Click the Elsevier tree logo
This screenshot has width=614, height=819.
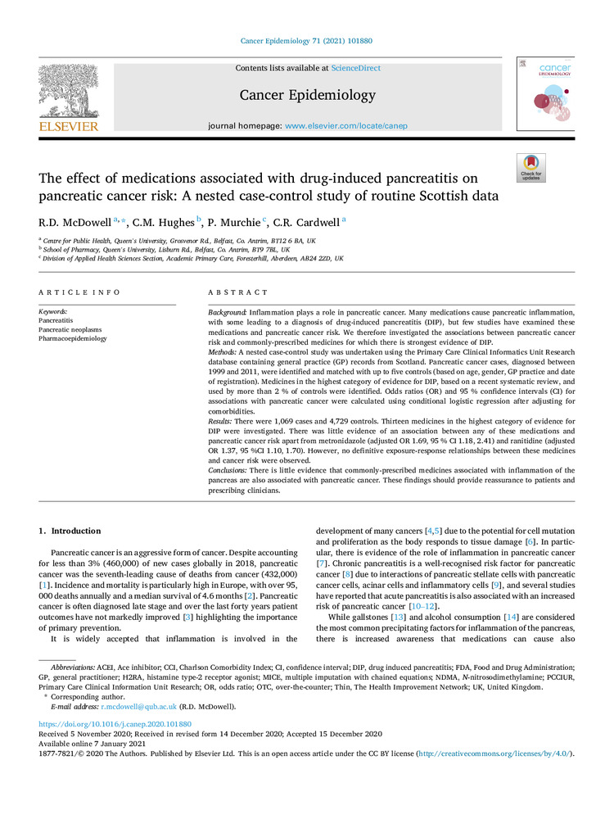pos(68,96)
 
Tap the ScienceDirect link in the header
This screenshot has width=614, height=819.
pos(356,68)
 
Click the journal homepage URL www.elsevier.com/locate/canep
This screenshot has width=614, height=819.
pos(345,126)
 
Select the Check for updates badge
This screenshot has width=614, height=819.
pos(530,168)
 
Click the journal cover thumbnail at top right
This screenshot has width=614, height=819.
pos(544,93)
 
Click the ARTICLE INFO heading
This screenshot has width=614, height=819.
pos(79,292)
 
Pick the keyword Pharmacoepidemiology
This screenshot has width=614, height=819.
pos(73,338)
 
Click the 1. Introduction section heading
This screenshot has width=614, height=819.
pos(70,531)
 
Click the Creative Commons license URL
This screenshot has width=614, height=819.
pos(495,753)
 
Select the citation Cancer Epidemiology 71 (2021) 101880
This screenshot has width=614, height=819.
pos(306,40)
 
